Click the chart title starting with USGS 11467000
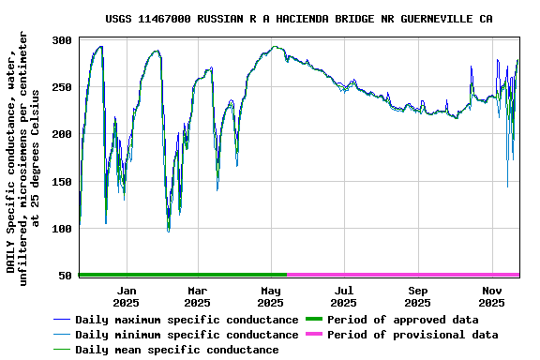coord(298,19)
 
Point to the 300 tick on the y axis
coord(63,40)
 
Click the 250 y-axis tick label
coord(63,87)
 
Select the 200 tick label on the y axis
coord(63,134)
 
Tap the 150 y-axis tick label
coord(63,181)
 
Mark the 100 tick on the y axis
coord(63,228)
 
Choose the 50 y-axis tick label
coord(66,275)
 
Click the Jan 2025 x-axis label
coord(126,296)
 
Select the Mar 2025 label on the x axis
coord(197,296)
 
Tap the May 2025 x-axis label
coord(270,296)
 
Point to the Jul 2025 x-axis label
coord(344,296)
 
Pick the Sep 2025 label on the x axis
coord(418,296)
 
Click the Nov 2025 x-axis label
coord(492,296)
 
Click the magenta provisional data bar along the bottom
coord(403,275)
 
